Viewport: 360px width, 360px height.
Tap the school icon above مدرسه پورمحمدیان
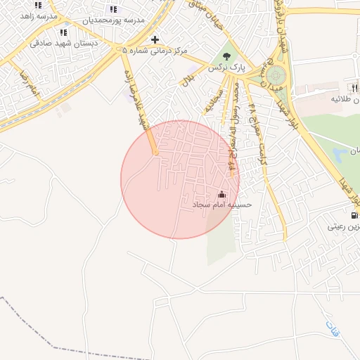pos(113,9)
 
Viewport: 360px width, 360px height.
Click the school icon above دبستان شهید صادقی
pos(64,32)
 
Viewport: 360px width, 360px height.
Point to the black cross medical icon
pos(155,39)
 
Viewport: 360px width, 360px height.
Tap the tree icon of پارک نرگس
pos(226,56)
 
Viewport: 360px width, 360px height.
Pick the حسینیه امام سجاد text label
pos(222,204)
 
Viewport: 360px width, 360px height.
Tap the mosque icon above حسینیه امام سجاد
pos(222,193)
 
